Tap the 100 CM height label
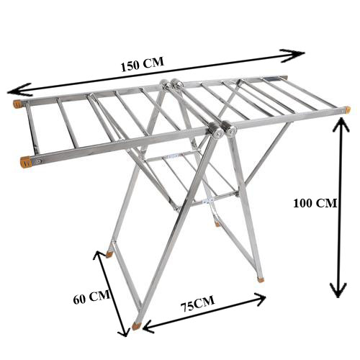315,203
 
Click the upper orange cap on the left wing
17,104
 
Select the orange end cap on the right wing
347,110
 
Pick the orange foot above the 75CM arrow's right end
261,279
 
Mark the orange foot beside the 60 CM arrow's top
109,253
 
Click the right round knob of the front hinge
231,131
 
